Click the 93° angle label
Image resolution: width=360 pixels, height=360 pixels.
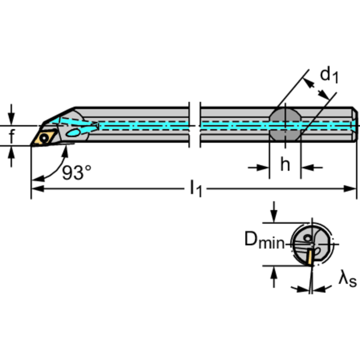77,172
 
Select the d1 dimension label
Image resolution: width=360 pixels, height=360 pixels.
329,75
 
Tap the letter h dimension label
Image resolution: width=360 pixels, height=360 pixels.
285,164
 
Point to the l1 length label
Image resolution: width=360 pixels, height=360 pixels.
196,189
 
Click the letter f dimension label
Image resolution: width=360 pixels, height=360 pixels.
12,136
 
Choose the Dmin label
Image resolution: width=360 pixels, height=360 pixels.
265,240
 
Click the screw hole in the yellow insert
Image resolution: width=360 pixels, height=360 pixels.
44,138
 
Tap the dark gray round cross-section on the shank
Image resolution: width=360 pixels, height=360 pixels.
285,124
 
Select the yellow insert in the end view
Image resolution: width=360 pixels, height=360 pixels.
310,257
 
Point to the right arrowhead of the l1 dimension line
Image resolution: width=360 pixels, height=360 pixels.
350,189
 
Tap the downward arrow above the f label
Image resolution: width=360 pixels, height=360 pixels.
11,115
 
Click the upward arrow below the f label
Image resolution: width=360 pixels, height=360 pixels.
11,156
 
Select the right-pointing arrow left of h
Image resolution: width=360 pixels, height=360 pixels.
259,168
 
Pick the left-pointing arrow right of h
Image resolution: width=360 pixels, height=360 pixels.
312,168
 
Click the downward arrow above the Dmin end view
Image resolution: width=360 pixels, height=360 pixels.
274,212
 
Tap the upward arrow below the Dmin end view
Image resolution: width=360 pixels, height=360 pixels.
274,277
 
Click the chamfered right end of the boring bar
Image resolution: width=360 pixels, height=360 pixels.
355,124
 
